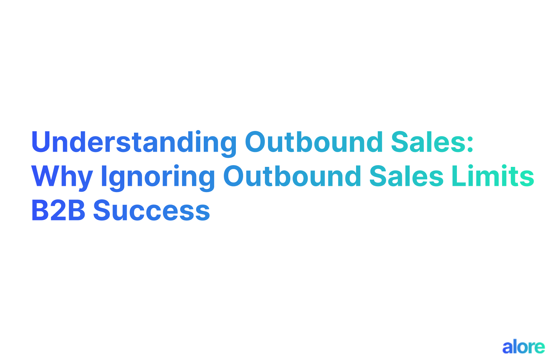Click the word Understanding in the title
click(134, 142)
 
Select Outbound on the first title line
click(314, 142)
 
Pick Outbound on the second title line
click(292, 176)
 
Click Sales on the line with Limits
click(406, 176)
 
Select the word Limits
click(493, 176)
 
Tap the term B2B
click(58, 211)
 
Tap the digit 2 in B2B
click(58, 211)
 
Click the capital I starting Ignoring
click(103, 176)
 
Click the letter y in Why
click(85, 179)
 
